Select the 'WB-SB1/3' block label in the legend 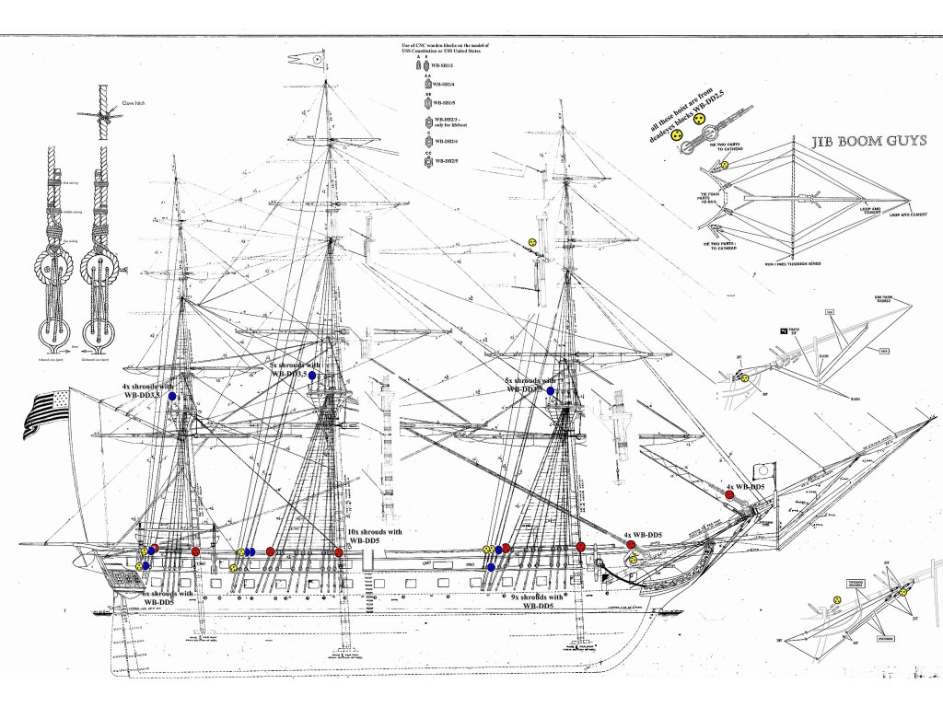pos(445,67)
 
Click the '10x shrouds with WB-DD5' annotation pos(375,538)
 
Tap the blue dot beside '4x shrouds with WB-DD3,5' pos(172,396)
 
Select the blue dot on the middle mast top pos(313,376)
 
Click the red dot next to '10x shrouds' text pos(339,551)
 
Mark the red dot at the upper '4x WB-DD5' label pos(729,494)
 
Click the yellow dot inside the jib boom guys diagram pos(725,166)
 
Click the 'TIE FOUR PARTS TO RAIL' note pos(710,198)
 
